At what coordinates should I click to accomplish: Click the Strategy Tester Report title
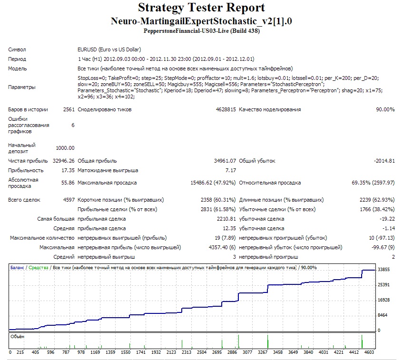[x=201, y=8]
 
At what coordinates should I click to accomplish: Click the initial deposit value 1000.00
[x=65, y=148]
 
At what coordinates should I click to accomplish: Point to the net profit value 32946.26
[x=63, y=161]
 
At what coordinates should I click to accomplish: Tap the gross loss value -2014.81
[x=384, y=161]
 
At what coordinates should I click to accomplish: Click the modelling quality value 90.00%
[x=385, y=109]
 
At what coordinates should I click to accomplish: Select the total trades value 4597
[x=69, y=200]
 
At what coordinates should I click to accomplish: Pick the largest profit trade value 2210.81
[x=226, y=219]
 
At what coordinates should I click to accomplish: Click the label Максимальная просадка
[x=107, y=183]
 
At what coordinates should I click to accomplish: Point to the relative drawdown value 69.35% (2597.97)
[x=373, y=183]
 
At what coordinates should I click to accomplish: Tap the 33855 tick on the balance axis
[x=383, y=270]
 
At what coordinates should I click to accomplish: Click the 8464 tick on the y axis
[x=383, y=315]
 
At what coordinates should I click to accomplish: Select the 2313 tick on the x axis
[x=187, y=352]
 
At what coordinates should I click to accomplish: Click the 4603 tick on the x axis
[x=369, y=352]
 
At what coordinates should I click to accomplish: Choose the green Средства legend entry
[x=39, y=268]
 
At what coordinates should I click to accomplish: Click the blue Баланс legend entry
[x=17, y=268]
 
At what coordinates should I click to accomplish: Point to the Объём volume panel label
[x=18, y=337]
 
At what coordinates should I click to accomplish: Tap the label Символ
[x=17, y=49]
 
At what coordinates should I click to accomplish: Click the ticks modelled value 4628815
[x=226, y=109]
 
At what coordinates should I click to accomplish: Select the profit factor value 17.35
[x=68, y=170]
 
